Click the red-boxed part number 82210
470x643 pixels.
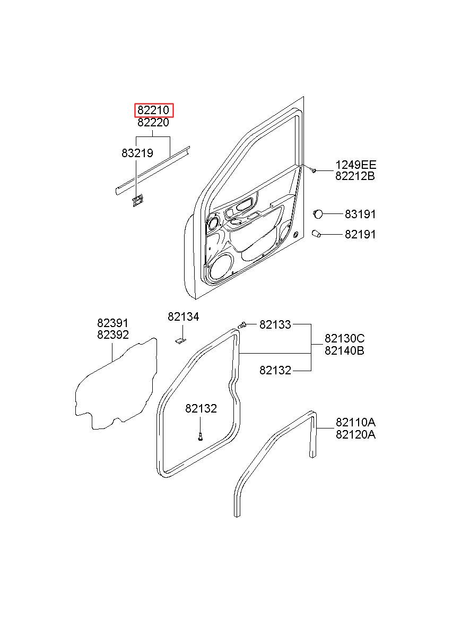[x=153, y=110]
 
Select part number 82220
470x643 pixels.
[x=153, y=123]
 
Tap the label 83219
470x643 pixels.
[x=137, y=153]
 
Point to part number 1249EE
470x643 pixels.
[x=355, y=165]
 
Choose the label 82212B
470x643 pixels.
[x=355, y=176]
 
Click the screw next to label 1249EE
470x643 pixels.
[x=314, y=170]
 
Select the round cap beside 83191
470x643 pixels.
[x=318, y=214]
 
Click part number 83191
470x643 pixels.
[x=360, y=215]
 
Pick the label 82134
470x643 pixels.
[x=183, y=317]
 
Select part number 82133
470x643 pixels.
[x=275, y=324]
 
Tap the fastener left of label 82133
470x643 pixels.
[x=243, y=325]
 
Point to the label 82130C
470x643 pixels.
[x=344, y=339]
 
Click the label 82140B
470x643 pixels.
[x=344, y=350]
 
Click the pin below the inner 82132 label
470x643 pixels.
[x=200, y=436]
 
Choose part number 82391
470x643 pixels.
[x=112, y=323]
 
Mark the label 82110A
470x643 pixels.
[x=355, y=423]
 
